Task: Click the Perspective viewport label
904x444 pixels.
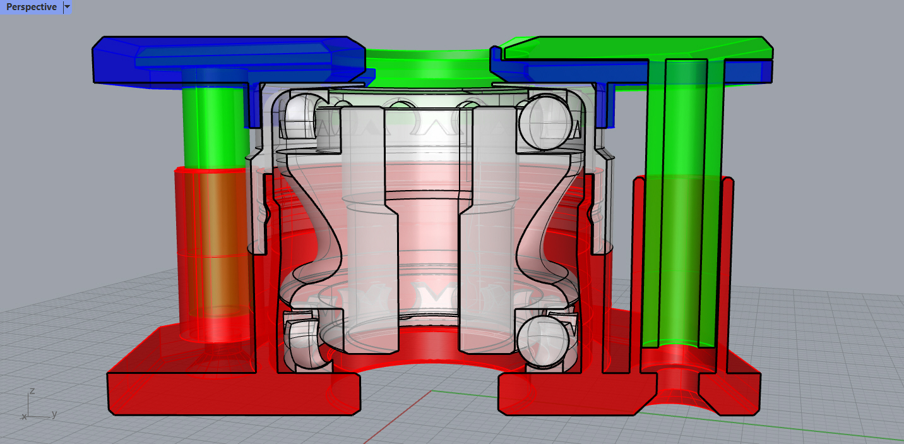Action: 31,7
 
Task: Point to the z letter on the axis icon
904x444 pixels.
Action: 32,391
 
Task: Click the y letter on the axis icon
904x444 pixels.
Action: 55,414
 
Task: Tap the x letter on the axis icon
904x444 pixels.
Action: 24,417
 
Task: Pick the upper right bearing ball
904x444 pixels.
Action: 540,117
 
